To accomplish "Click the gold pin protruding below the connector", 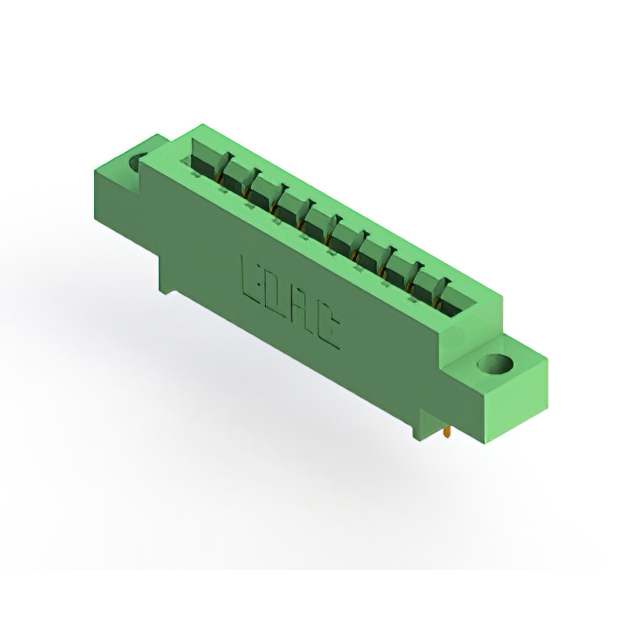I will point(445,433).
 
